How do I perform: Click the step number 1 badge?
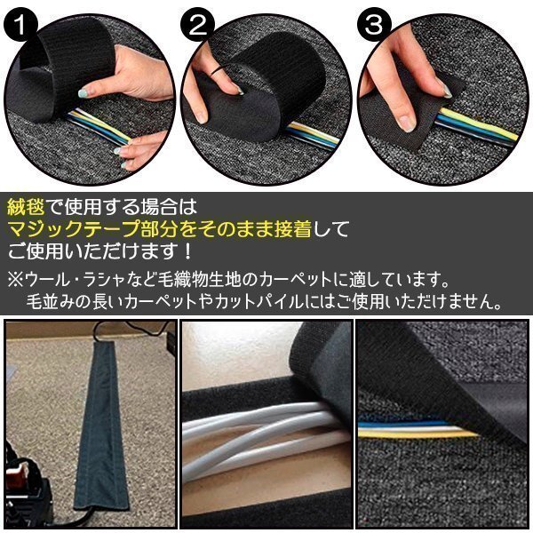20,25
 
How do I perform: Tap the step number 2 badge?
197,25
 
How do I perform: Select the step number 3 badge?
374,25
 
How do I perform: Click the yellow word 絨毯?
26,207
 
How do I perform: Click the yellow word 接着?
293,229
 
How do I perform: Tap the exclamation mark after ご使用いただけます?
187,252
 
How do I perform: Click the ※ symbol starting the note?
15,280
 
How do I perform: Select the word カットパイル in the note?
259,301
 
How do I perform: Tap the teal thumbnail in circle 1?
84,92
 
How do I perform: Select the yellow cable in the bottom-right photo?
418,434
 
